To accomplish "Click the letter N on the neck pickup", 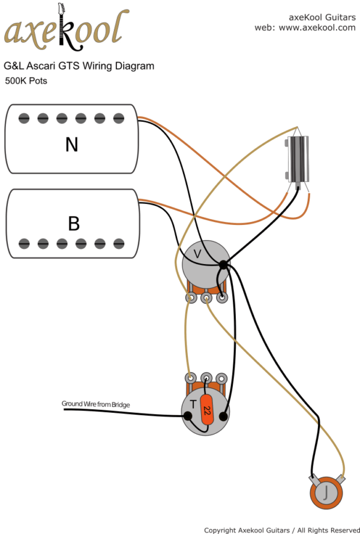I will (x=72, y=145).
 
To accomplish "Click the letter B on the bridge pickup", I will (x=73, y=223).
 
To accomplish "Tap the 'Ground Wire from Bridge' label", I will (x=96, y=404).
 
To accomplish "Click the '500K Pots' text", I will (x=26, y=81).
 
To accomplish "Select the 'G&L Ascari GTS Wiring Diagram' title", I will (x=79, y=66).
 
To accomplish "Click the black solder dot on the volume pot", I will (x=223, y=265).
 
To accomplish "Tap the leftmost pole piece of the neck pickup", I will (x=24, y=118).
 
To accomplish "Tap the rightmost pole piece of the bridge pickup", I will (x=119, y=243).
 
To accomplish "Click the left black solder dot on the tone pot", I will (x=188, y=415).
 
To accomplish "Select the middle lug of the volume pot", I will (x=206, y=297).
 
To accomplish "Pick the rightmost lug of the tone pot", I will (x=222, y=379).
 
